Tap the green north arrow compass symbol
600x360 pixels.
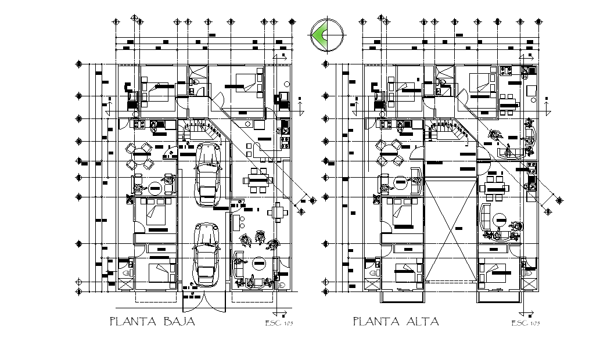pyautogui.click(x=326, y=35)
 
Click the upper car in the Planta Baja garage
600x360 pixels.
pyautogui.click(x=209, y=174)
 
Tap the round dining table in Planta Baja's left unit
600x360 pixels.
pyautogui.click(x=141, y=154)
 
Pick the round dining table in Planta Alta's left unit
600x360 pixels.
pyautogui.click(x=387, y=154)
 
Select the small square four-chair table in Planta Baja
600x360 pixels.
pyautogui.click(x=278, y=211)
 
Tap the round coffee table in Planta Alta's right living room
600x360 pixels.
pyautogui.click(x=501, y=220)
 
